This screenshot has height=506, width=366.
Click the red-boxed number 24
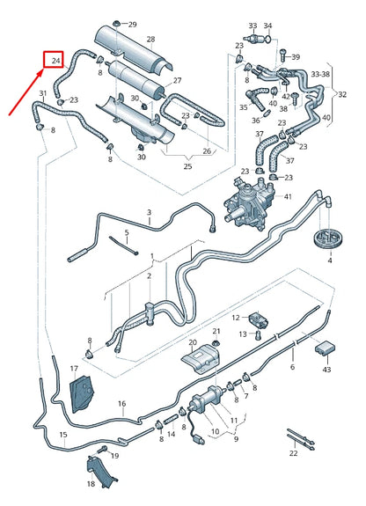[56, 61]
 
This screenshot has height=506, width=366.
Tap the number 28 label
[151, 40]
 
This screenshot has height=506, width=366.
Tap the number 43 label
[326, 369]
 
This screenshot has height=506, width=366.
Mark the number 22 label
[293, 454]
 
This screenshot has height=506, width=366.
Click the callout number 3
[149, 213]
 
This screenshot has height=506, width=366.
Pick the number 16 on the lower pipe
[122, 404]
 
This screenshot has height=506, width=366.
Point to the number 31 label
[42, 92]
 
